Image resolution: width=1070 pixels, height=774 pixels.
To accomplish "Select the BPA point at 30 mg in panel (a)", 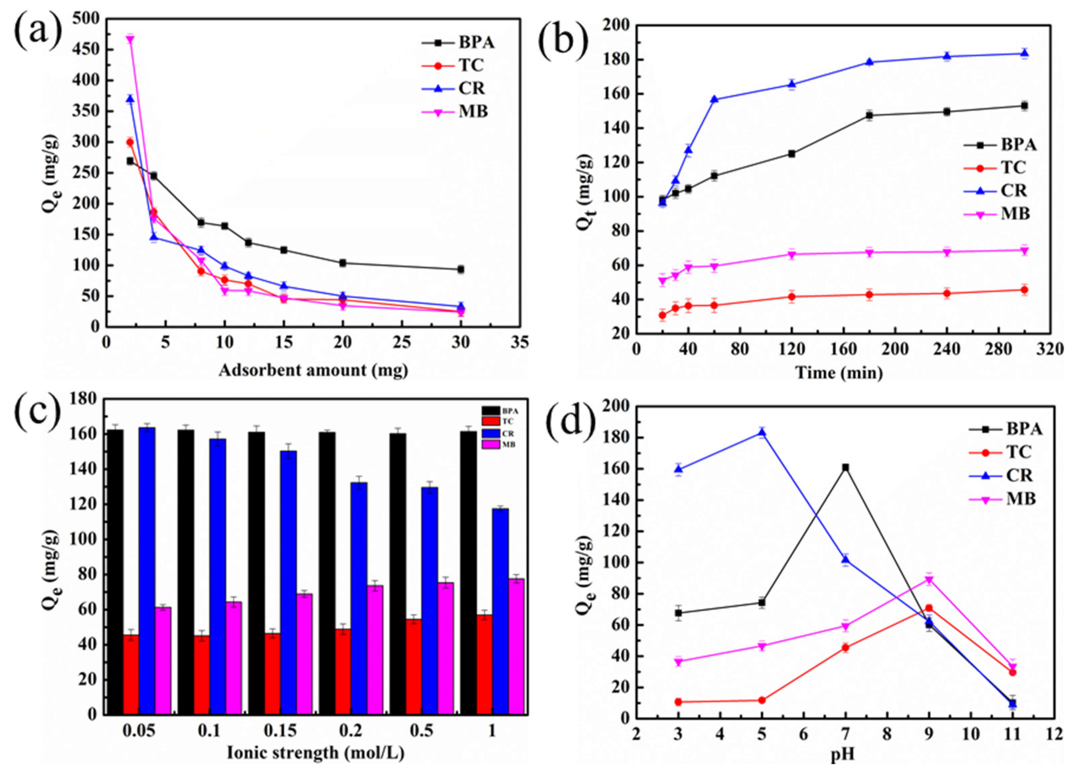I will click(461, 269).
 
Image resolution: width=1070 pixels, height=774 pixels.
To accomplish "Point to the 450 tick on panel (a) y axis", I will click(87, 49).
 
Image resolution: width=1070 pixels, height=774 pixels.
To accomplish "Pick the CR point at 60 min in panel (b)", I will click(714, 99).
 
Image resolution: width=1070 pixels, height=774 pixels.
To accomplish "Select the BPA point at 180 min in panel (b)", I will click(869, 115).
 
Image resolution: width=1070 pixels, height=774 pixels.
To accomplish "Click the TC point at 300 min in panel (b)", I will click(1024, 290).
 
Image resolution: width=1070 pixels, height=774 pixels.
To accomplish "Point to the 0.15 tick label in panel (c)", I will click(280, 732).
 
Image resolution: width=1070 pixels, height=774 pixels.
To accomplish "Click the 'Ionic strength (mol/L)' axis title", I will click(315, 752).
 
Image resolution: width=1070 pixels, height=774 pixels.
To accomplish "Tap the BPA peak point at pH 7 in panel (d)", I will click(846, 468).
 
